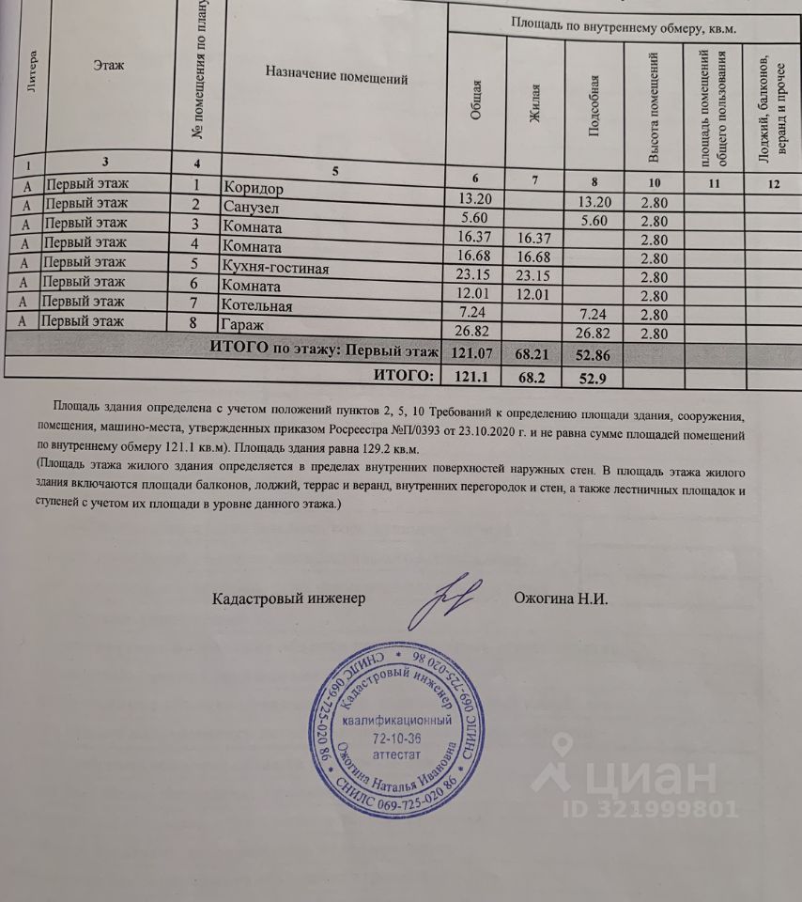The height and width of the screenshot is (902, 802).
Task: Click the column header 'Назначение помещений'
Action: (336, 79)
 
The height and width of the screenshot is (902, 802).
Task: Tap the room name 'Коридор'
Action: (254, 188)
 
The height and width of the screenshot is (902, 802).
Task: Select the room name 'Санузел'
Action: (251, 208)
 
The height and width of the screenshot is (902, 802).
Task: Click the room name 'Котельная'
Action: (258, 308)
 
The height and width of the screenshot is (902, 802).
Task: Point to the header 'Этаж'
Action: (110, 65)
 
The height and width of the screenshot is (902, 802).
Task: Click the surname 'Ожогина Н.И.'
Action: (562, 599)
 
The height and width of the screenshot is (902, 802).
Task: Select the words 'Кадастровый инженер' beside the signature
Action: (287, 599)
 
